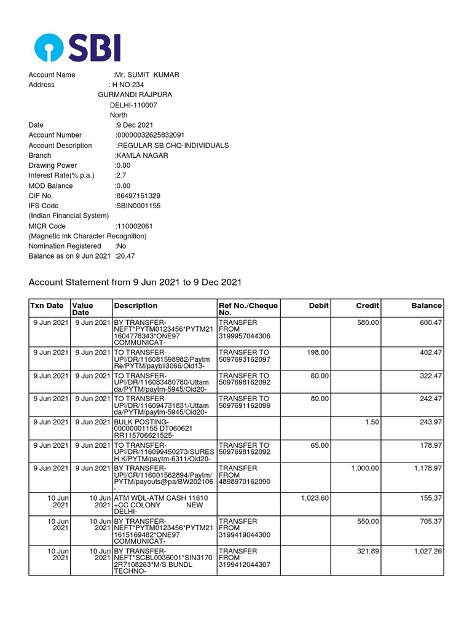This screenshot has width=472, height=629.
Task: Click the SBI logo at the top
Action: pyautogui.click(x=77, y=47)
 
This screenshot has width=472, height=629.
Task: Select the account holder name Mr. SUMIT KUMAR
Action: pyautogui.click(x=147, y=75)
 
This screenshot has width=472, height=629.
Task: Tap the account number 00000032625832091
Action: pyautogui.click(x=150, y=135)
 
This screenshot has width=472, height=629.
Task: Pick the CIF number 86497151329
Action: pyautogui.click(x=138, y=195)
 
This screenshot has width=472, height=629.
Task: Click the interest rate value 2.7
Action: pyautogui.click(x=120, y=175)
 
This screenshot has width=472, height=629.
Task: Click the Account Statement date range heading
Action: pyautogui.click(x=135, y=283)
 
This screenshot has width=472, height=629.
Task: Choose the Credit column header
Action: pyautogui.click(x=368, y=305)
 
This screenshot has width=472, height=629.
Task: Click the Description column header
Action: pyautogui.click(x=136, y=305)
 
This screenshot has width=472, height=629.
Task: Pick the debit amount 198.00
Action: pyautogui.click(x=318, y=352)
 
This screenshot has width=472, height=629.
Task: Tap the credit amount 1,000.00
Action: pyautogui.click(x=365, y=468)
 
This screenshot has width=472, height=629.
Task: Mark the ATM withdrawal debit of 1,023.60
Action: pyautogui.click(x=315, y=498)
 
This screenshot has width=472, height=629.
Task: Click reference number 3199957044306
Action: pyautogui.click(x=244, y=336)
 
